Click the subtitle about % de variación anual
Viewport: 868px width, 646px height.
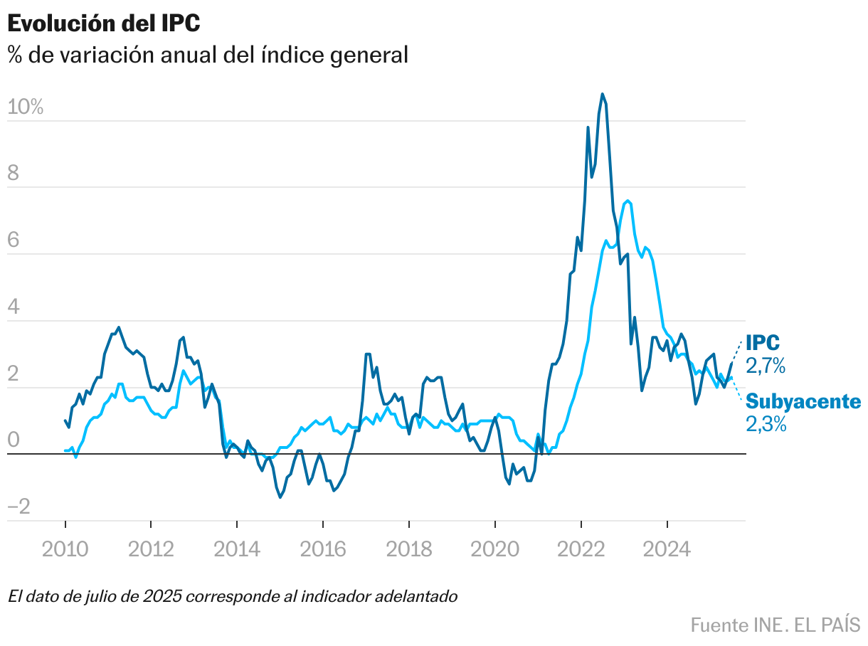[x=208, y=55]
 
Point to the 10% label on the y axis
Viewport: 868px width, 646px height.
[x=26, y=107]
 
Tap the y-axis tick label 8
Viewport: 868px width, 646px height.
[x=14, y=175]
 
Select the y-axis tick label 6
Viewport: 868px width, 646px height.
[x=14, y=242]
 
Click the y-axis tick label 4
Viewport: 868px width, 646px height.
[x=14, y=309]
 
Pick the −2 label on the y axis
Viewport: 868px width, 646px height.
[x=19, y=507]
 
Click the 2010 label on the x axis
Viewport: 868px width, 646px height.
[x=65, y=549]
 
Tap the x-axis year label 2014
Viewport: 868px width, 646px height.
[x=237, y=549]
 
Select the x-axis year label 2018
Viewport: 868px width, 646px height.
[x=408, y=549]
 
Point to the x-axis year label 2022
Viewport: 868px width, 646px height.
[x=581, y=549]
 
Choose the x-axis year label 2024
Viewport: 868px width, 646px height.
[x=667, y=549]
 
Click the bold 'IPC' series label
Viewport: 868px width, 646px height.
[x=763, y=343]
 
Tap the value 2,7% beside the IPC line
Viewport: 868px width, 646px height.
[x=766, y=366]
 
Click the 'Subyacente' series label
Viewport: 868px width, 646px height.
[x=803, y=401]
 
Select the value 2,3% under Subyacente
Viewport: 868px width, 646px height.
[x=766, y=425]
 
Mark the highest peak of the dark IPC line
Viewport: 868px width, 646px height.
[x=602, y=94]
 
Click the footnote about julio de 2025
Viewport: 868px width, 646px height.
[x=233, y=596]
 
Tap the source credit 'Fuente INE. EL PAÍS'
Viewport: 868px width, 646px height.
[x=775, y=625]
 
